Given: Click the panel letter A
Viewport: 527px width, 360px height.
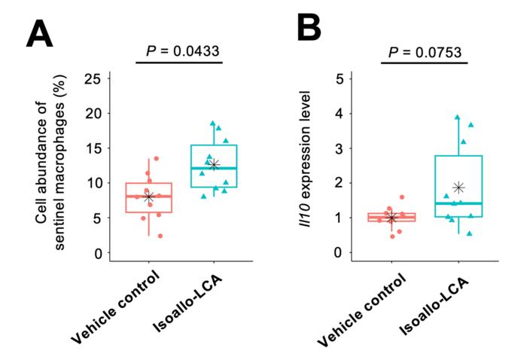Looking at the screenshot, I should tap(42, 33).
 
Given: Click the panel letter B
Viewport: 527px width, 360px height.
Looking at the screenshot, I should tap(309, 29).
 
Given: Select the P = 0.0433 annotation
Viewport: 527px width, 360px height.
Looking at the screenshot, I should tap(181, 52).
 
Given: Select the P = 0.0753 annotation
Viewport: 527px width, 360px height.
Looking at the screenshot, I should tap(424, 52).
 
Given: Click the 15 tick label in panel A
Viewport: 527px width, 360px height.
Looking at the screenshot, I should tap(93, 148).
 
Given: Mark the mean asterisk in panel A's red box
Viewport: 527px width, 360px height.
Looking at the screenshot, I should tap(148, 197).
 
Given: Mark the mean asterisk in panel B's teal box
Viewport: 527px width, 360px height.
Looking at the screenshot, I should tap(458, 188).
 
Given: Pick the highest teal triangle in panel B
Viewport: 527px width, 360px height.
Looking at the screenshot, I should tap(457, 117).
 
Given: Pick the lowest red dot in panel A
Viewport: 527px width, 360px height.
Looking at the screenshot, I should tap(160, 236).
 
